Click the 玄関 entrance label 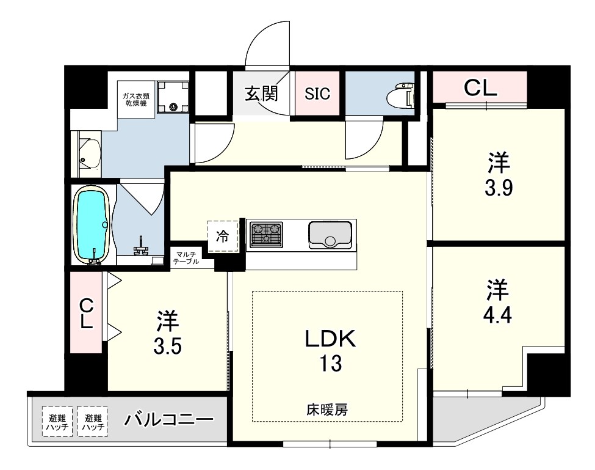click(x=261, y=94)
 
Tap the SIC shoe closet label click(x=317, y=94)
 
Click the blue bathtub click(x=93, y=225)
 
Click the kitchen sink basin click(x=330, y=235)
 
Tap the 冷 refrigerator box click(x=222, y=237)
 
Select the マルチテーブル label click(x=186, y=257)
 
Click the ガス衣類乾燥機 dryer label click(x=136, y=100)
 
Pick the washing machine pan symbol click(x=173, y=97)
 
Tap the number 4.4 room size click(x=497, y=302)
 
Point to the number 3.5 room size click(x=167, y=333)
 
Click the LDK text click(x=331, y=339)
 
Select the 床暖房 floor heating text click(x=327, y=409)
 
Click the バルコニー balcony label click(x=169, y=419)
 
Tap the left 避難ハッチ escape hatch click(x=57, y=422)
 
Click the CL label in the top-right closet click(x=480, y=88)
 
